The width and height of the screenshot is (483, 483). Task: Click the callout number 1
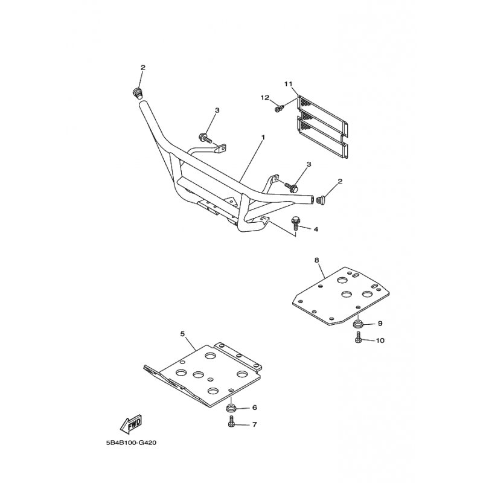(x=263, y=137)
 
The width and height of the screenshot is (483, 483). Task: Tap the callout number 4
(x=315, y=229)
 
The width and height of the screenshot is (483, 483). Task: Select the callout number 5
(x=182, y=333)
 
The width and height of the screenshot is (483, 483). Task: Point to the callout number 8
(x=317, y=260)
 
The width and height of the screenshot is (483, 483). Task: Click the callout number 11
(x=288, y=83)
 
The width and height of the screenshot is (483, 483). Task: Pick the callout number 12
(x=264, y=98)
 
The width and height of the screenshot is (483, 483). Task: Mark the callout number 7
(x=254, y=424)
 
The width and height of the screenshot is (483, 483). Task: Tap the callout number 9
(x=380, y=324)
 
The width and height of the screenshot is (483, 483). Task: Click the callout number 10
(x=380, y=341)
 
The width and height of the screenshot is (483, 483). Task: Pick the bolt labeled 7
(x=232, y=424)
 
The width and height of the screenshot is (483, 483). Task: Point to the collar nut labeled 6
(x=232, y=409)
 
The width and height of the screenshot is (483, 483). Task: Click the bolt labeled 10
(x=359, y=340)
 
